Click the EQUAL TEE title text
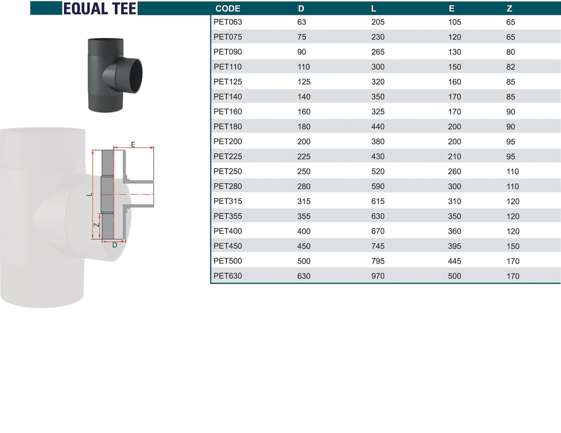tap(100, 8)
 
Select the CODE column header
tap(228, 8)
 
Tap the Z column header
tap(509, 8)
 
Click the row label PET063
tap(228, 22)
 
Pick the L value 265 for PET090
tap(378, 52)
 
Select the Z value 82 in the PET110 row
tap(511, 67)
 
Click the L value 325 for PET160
tap(378, 112)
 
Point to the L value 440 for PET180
tap(378, 127)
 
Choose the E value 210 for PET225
tap(454, 157)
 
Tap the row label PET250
tap(228, 172)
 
